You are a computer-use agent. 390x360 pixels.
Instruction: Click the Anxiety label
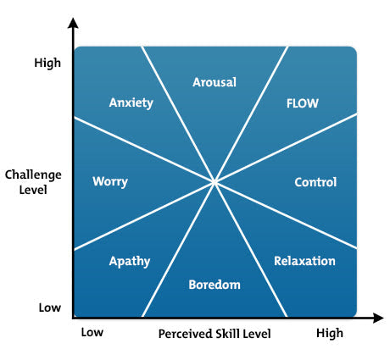(x=131, y=102)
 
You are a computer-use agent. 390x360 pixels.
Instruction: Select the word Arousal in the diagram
(x=214, y=82)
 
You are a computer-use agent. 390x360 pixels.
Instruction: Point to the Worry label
(x=109, y=182)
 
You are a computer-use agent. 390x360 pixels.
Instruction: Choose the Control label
(x=315, y=182)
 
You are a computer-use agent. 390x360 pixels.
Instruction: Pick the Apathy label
(x=130, y=262)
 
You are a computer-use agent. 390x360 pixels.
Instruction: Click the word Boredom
(x=214, y=285)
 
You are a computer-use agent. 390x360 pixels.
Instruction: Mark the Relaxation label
(x=304, y=261)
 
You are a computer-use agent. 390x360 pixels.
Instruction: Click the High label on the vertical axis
(x=48, y=62)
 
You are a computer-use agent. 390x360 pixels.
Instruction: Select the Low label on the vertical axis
(x=50, y=307)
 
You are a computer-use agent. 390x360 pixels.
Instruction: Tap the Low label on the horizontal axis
(x=92, y=333)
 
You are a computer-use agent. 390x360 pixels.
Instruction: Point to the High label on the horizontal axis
(x=330, y=333)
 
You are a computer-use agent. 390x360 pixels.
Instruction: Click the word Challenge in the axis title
(x=33, y=174)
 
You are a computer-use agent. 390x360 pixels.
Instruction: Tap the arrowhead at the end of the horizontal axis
(x=377, y=318)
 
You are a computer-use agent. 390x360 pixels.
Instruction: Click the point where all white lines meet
(x=214, y=181)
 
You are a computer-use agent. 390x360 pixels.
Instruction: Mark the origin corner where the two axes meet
(x=75, y=318)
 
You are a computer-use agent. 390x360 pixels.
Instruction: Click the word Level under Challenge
(x=33, y=190)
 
